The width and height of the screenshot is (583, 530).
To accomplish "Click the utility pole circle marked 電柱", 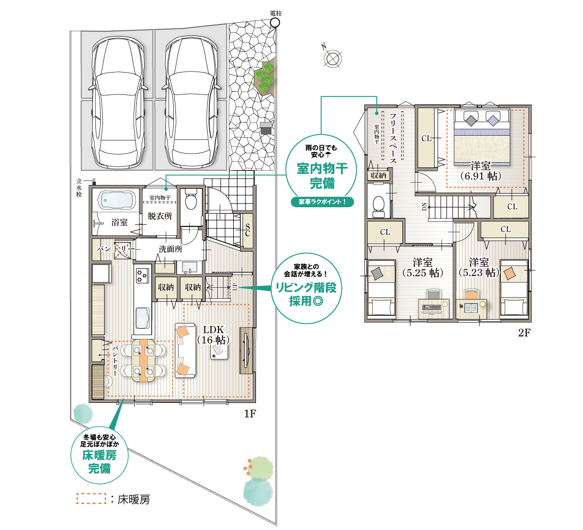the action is coord(275,23).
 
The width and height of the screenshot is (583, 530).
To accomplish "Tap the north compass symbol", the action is coord(332,58).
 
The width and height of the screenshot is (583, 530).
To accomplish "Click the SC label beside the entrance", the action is coord(248,231).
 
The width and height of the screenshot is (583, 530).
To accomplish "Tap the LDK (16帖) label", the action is coord(213,335).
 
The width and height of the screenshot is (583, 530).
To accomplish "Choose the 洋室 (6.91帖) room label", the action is coord(480,171).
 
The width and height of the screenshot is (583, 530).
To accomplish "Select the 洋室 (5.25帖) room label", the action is coord(423,268).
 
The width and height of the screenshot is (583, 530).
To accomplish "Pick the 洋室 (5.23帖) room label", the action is coord(479,268).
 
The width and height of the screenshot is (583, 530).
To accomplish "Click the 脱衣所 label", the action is coord(160,216).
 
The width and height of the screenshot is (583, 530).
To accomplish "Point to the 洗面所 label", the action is coord(171,249).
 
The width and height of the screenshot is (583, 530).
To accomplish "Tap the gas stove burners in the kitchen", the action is coord(143,276).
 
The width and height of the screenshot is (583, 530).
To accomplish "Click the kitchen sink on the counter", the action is coord(143,318).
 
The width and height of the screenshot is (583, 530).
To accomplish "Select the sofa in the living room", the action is coord(185,350).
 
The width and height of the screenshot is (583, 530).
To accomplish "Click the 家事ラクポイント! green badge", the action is coord(322,202).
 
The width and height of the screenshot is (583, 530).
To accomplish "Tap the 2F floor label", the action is coord(524,332).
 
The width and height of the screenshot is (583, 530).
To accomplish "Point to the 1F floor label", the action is coord(250,413).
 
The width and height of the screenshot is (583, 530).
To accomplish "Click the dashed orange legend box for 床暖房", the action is coord(92,499).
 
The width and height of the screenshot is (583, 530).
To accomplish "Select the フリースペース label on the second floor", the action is coord(393,138).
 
